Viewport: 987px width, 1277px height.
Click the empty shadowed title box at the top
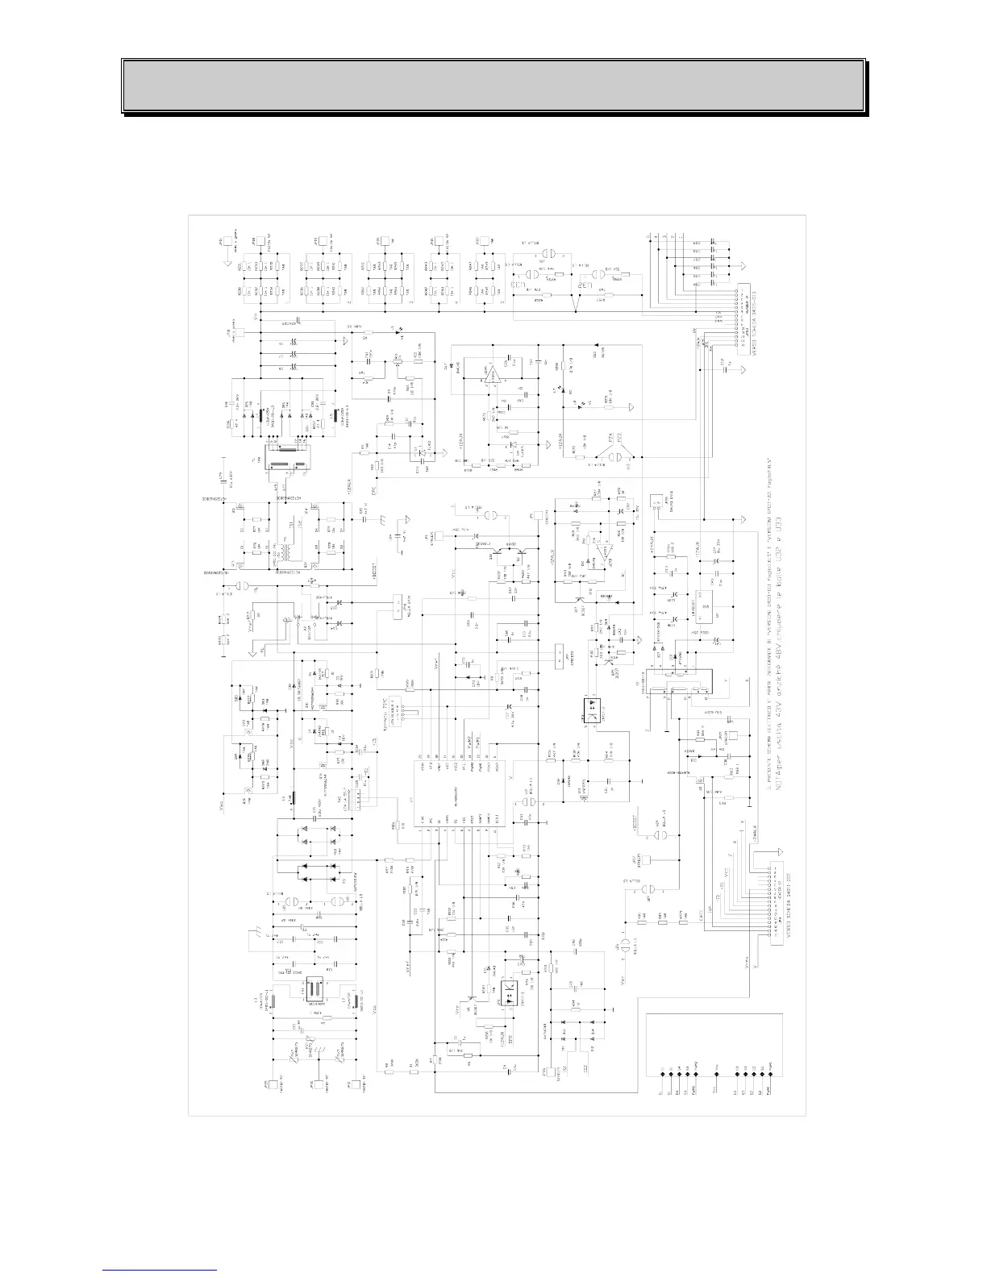coord(493,85)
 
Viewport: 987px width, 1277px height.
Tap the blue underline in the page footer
coord(160,1270)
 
